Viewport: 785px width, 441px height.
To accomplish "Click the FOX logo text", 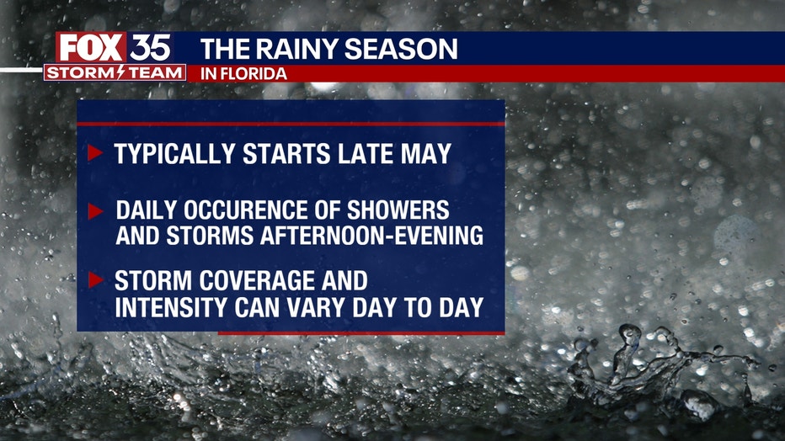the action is coord(91,48).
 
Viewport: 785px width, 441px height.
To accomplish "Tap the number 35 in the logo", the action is coord(150,48).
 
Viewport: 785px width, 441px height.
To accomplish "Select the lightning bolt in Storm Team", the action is coord(120,72).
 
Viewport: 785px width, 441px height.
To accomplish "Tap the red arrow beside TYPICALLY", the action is coord(95,152).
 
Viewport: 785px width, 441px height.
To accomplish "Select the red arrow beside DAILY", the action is coord(95,211).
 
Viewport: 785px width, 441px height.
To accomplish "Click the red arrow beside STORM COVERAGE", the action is coord(95,280).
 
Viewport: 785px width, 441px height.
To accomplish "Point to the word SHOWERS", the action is coord(398,210).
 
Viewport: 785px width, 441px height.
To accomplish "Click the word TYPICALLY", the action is coord(174,153).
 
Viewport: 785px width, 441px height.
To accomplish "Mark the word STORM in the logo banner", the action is coord(81,72).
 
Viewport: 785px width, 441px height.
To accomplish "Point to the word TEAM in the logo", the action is coord(154,72).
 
